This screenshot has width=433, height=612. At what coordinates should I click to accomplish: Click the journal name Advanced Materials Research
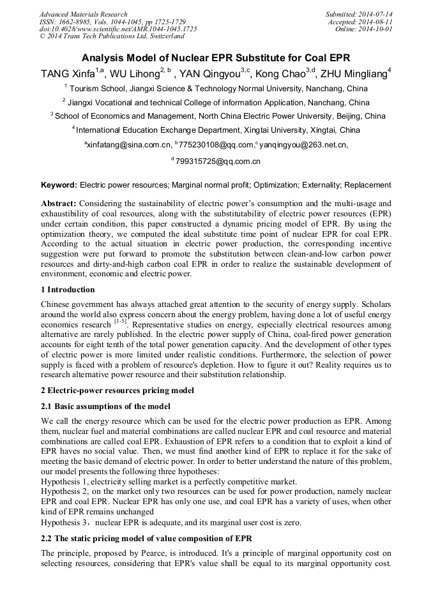(83, 14)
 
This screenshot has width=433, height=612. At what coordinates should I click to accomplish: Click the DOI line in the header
(118, 29)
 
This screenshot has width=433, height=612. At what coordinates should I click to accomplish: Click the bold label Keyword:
(59, 185)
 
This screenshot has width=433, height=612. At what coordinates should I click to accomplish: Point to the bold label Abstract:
(59, 202)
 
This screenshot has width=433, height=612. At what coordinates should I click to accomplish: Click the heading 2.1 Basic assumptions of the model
(107, 406)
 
